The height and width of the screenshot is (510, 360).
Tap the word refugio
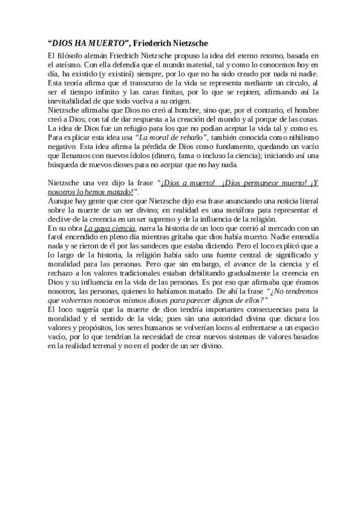tap(136, 127)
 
